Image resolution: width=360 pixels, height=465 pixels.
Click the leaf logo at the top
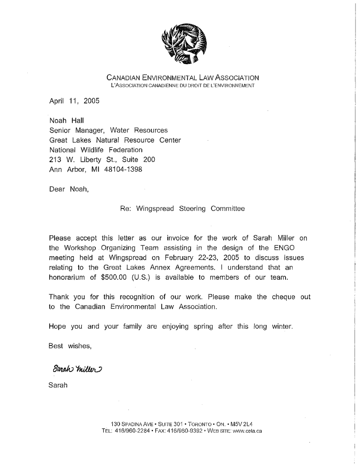click(x=184, y=46)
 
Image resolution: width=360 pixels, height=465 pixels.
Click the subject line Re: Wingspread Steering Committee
click(x=182, y=209)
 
